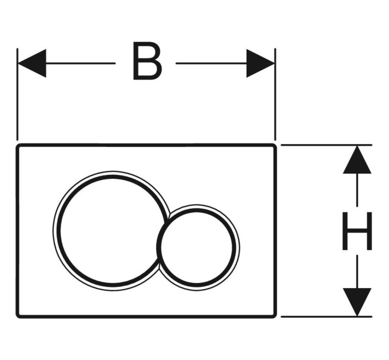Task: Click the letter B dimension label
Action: (148, 61)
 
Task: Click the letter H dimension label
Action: (357, 231)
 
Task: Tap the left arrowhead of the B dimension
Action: (32, 63)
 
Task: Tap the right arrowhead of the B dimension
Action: (260, 63)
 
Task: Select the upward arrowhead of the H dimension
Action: (357, 159)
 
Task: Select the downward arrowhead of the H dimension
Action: (357, 302)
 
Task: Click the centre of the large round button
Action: (110, 231)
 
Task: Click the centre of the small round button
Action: (197, 247)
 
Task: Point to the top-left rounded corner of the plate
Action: (18, 146)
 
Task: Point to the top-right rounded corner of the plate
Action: (275, 146)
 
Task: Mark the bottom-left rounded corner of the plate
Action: (18, 316)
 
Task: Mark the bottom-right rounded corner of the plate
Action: (275, 316)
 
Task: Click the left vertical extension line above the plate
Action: (17, 94)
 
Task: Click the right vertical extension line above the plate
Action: (275, 94)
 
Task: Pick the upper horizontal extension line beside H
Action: (327, 145)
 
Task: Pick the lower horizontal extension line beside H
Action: (327, 317)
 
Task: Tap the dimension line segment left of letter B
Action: (81, 63)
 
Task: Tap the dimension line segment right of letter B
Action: (211, 63)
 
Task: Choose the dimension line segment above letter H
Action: (357, 190)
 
